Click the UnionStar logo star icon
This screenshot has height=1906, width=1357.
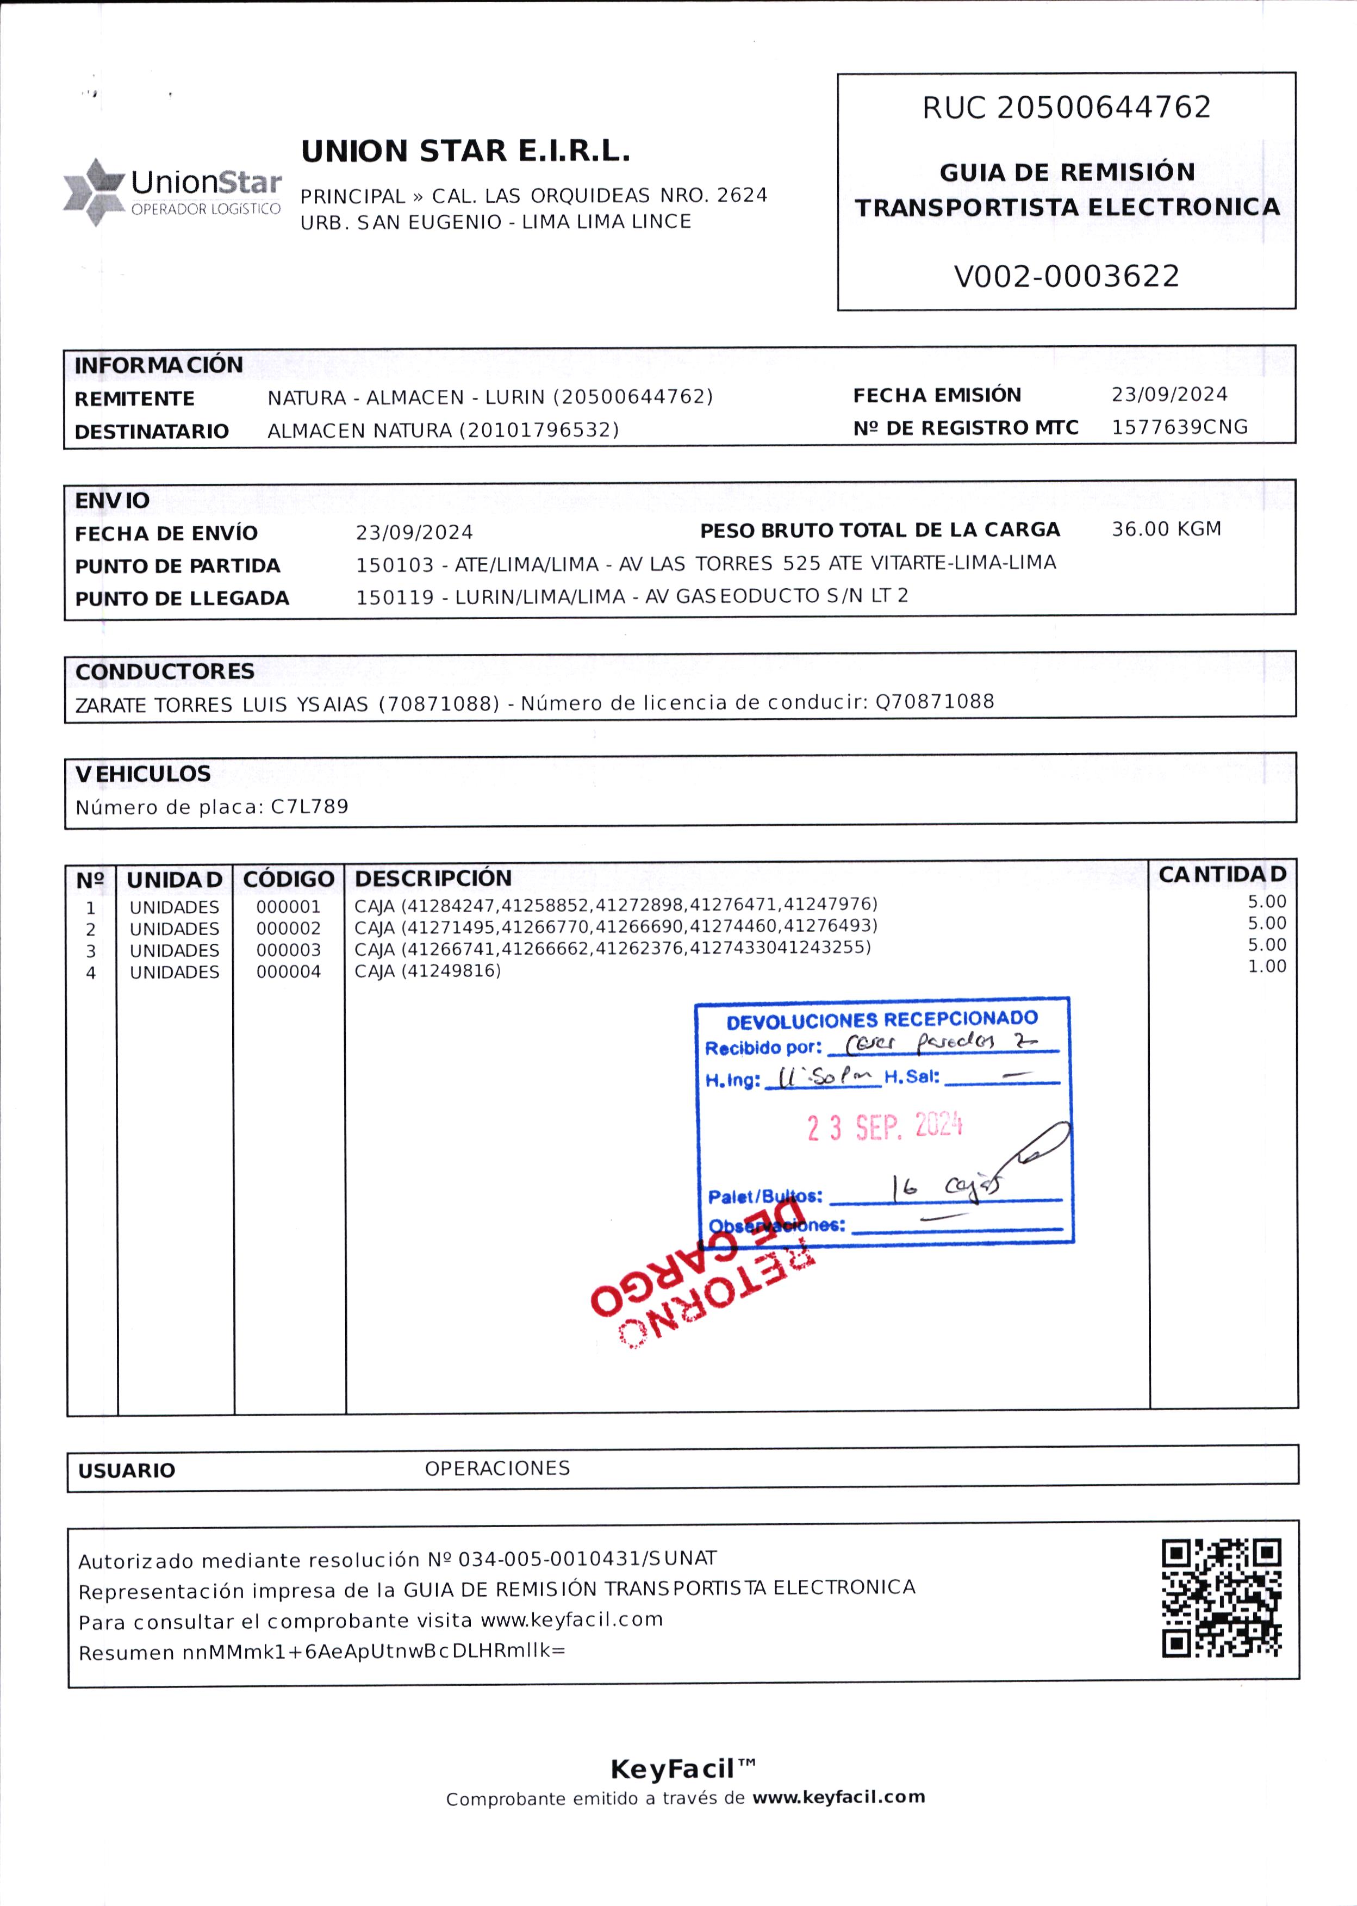[x=94, y=191]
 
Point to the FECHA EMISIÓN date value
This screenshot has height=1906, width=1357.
[x=1168, y=394]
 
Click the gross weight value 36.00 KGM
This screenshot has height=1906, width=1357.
[x=1166, y=529]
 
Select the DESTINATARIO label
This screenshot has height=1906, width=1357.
[x=151, y=431]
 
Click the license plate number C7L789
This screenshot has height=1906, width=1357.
[x=309, y=806]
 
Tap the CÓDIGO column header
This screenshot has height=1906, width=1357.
[x=288, y=879]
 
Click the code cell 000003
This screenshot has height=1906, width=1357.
[x=288, y=950]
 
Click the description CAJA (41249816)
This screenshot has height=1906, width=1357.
[x=427, y=971]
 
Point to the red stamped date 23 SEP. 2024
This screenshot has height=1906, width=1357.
[x=884, y=1126]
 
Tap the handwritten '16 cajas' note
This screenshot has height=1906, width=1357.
[x=944, y=1187]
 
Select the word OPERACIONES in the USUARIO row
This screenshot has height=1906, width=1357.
[x=497, y=1468]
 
